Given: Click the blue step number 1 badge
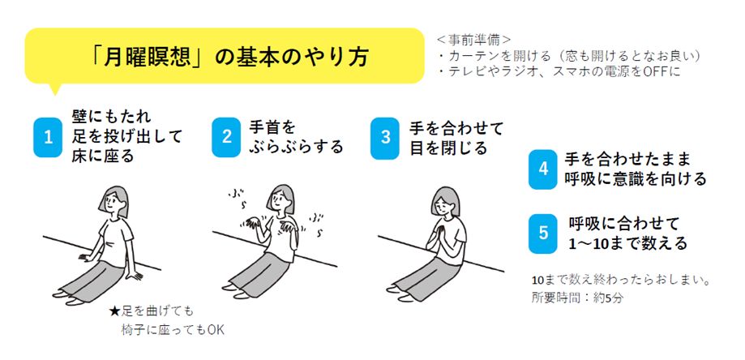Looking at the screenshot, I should (48, 137).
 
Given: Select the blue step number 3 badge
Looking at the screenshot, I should (386, 137).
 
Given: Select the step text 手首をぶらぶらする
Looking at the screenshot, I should (296, 138).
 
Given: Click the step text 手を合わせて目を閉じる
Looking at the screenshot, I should (456, 138).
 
